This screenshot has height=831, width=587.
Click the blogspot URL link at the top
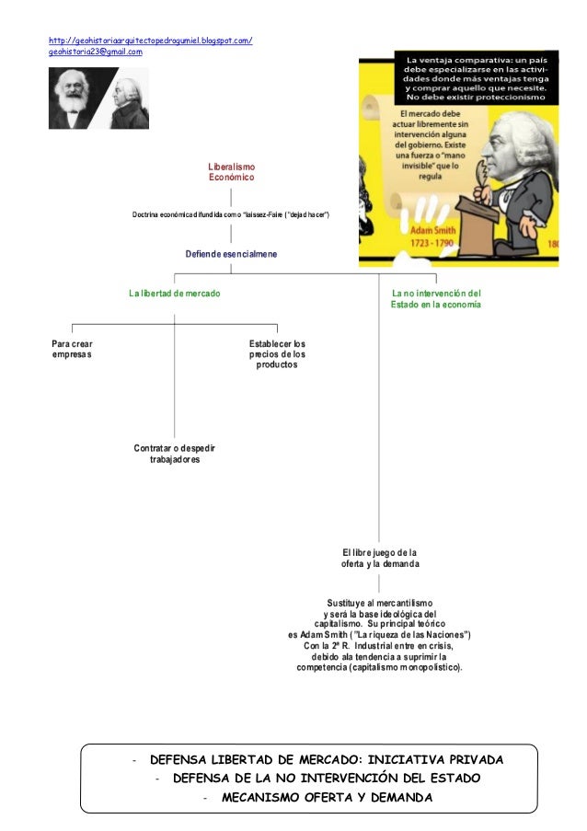pyautogui.click(x=151, y=40)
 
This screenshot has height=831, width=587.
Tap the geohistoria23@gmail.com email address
pyautogui.click(x=96, y=52)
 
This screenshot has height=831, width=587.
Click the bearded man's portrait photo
pyautogui.click(x=74, y=99)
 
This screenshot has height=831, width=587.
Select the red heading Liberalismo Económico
pyautogui.click(x=231, y=170)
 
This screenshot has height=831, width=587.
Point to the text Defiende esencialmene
pyautogui.click(x=231, y=253)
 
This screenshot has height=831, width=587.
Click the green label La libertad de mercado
pyautogui.click(x=174, y=293)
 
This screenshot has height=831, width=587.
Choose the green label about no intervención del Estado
pyautogui.click(x=435, y=298)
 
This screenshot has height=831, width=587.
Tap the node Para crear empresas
pyautogui.click(x=72, y=350)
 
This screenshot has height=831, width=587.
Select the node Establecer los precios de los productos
pyautogui.click(x=277, y=354)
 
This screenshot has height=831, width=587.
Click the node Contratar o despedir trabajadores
pyautogui.click(x=175, y=453)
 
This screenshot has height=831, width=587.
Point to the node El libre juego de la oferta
pyautogui.click(x=380, y=558)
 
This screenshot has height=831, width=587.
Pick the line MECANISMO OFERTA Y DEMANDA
pyautogui.click(x=327, y=796)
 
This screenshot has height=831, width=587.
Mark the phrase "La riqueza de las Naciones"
pyautogui.click(x=407, y=635)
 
